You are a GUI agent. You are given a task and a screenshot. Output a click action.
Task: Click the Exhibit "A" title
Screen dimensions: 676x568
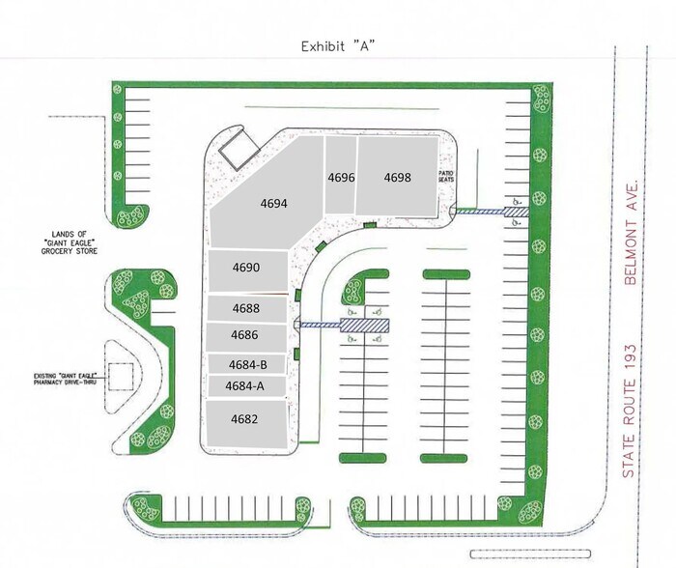pyautogui.click(x=338, y=46)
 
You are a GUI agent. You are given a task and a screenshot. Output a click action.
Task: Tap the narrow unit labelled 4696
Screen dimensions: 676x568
pyautogui.click(x=341, y=175)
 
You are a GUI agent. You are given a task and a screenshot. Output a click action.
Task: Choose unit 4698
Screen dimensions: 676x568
pyautogui.click(x=398, y=176)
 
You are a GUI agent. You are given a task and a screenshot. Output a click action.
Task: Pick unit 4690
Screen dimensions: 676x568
pyautogui.click(x=247, y=270)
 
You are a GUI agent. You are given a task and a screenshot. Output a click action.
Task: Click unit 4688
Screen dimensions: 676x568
pyautogui.click(x=247, y=308)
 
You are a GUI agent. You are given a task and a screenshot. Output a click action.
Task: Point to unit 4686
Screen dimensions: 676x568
pyautogui.click(x=245, y=337)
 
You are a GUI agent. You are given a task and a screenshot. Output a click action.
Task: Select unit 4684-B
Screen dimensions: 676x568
pyautogui.click(x=247, y=364)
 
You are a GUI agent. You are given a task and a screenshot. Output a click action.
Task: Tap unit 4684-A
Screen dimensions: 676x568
pyautogui.click(x=247, y=386)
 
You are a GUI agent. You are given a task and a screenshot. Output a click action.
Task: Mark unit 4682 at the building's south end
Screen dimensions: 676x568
pyautogui.click(x=246, y=423)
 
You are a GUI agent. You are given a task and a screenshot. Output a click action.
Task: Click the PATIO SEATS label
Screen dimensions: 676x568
pyautogui.click(x=446, y=176)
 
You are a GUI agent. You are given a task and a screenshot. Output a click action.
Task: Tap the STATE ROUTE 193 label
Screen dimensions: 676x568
pyautogui.click(x=630, y=411)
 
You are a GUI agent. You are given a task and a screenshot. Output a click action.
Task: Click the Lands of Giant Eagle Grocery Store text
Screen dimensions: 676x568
pyautogui.click(x=70, y=242)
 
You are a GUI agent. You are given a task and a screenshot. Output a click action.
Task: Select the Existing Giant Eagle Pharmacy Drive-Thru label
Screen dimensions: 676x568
pyautogui.click(x=65, y=379)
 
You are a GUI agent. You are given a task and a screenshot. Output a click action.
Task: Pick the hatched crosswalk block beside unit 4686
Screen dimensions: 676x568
pyautogui.click(x=365, y=326)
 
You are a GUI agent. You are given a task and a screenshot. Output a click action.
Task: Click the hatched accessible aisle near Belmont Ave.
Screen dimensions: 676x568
pyautogui.click(x=517, y=212)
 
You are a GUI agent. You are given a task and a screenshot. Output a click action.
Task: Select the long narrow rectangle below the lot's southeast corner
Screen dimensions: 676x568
pyautogui.click(x=530, y=554)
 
